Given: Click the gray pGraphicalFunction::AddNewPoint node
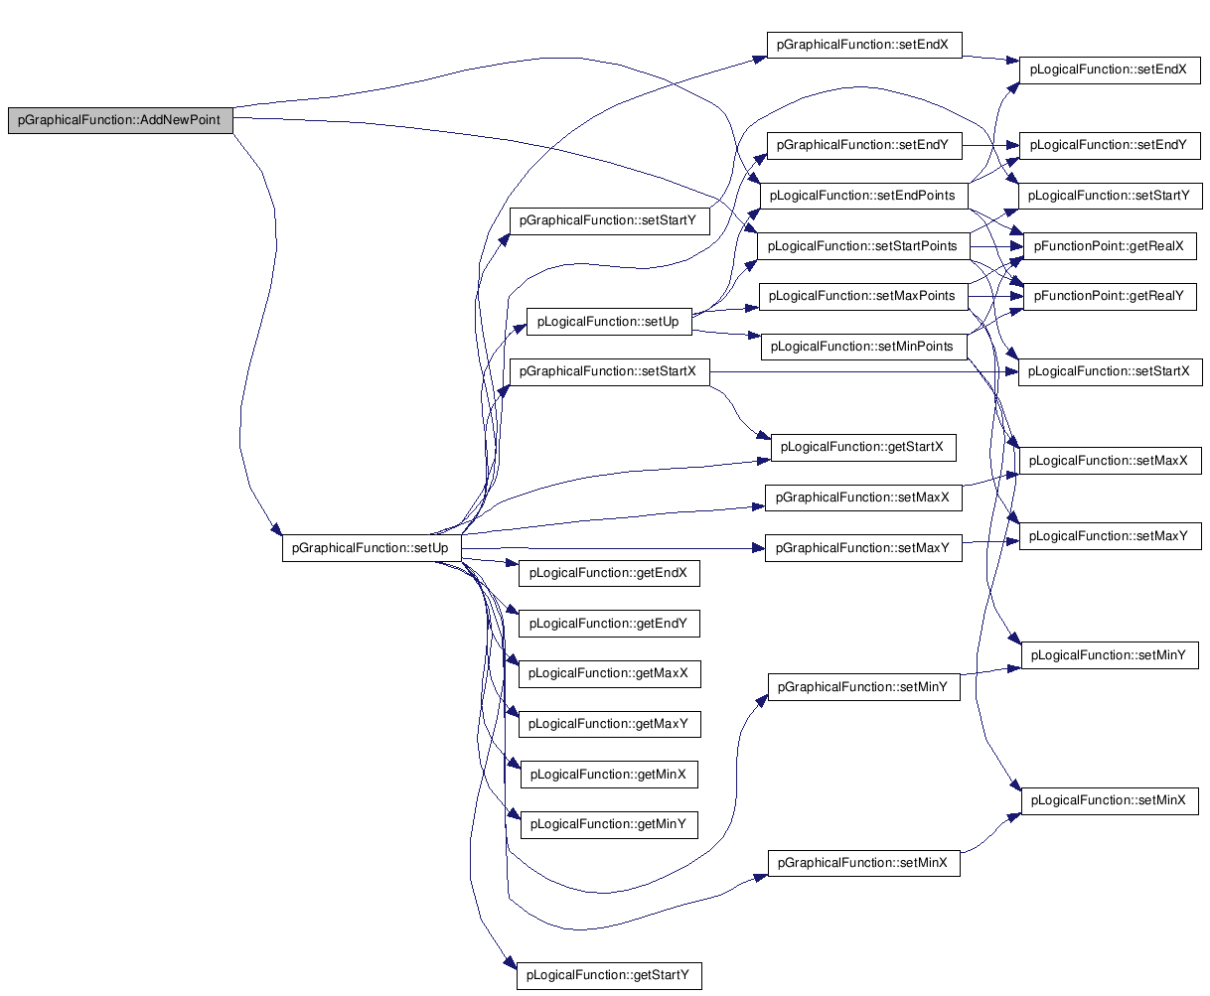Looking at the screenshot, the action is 120,120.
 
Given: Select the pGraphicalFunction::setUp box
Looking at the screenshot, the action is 371,547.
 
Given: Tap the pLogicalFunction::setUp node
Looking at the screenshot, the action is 608,322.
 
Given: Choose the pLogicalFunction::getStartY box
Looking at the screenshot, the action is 608,976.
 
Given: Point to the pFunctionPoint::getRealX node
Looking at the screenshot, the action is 1109,246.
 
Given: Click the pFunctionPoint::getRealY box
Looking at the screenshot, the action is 1109,296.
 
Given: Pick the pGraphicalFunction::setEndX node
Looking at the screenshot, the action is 863,45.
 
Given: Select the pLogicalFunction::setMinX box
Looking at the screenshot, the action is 1109,800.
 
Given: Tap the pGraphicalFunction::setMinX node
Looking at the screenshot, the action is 863,863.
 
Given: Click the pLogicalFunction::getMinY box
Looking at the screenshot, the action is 608,824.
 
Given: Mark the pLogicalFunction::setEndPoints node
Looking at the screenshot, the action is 863,196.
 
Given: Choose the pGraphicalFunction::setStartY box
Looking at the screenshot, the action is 609,220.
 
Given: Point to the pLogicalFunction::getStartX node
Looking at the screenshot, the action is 863,447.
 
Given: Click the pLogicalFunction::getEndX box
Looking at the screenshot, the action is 608,573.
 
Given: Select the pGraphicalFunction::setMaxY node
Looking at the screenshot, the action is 863,548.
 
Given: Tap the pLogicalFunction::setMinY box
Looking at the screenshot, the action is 1109,655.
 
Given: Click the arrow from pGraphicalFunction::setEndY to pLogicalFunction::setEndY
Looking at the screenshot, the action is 991,145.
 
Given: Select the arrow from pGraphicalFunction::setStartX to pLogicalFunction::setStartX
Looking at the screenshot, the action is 864,371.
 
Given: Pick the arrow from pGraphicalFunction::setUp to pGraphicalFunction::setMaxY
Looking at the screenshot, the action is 613,548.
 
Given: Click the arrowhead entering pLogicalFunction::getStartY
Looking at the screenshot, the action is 511,962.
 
